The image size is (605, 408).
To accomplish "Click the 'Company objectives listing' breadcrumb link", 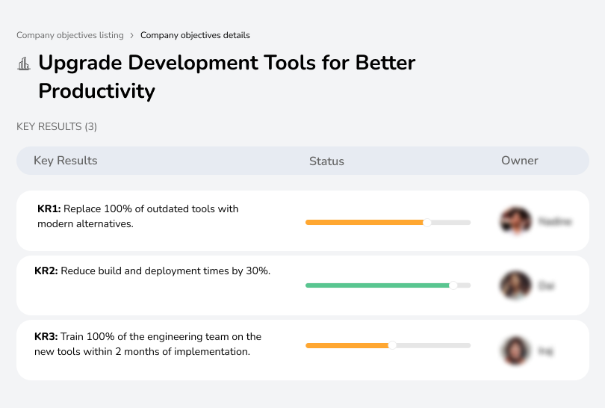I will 70,35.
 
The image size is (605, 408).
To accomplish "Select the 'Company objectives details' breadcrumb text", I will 195,35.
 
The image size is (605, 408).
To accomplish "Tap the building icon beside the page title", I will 24,64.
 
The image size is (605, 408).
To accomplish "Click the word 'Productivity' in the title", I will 96,91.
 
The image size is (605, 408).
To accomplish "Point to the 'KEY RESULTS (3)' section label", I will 57,126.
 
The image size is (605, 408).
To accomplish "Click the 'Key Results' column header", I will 65,161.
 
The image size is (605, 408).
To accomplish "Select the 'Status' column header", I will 326,161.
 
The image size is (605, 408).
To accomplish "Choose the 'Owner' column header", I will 519,161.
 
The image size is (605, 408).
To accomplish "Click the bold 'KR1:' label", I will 49,208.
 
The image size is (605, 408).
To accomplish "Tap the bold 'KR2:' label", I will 46,271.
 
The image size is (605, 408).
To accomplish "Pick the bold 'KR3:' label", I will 46,336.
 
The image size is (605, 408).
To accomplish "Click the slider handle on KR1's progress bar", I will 427,222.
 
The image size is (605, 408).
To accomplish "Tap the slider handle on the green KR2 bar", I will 453,285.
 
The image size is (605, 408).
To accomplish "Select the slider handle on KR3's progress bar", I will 392,345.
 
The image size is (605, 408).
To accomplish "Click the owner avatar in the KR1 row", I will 515,221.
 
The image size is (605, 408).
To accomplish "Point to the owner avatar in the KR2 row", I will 515,285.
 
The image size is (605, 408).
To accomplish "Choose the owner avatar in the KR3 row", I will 515,350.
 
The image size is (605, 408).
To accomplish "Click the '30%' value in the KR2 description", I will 257,271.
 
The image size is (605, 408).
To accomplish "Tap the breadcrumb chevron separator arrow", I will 132,35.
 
